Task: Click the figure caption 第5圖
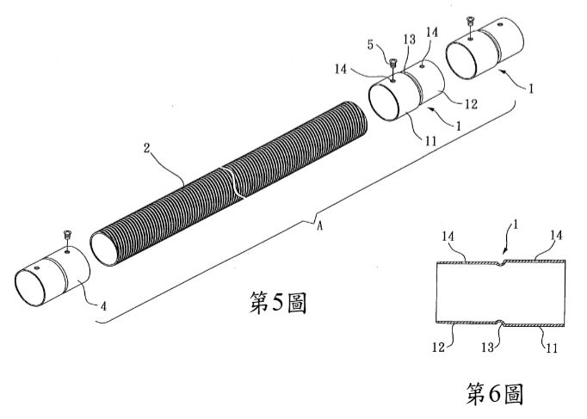278,303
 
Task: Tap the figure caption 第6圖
494,393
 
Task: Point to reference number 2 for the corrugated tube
146,148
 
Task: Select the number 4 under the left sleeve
103,306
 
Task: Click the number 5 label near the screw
370,45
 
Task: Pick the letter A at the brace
319,226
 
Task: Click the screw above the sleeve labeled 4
67,236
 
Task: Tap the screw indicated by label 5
392,63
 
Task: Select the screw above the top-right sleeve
470,21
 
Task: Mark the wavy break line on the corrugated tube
233,182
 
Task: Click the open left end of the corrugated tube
104,249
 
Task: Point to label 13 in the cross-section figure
487,348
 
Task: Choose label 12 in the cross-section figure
438,348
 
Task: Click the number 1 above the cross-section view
515,225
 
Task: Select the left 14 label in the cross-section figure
448,237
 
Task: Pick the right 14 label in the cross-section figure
556,236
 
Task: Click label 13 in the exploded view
410,40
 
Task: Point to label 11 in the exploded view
431,140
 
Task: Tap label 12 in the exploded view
471,104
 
